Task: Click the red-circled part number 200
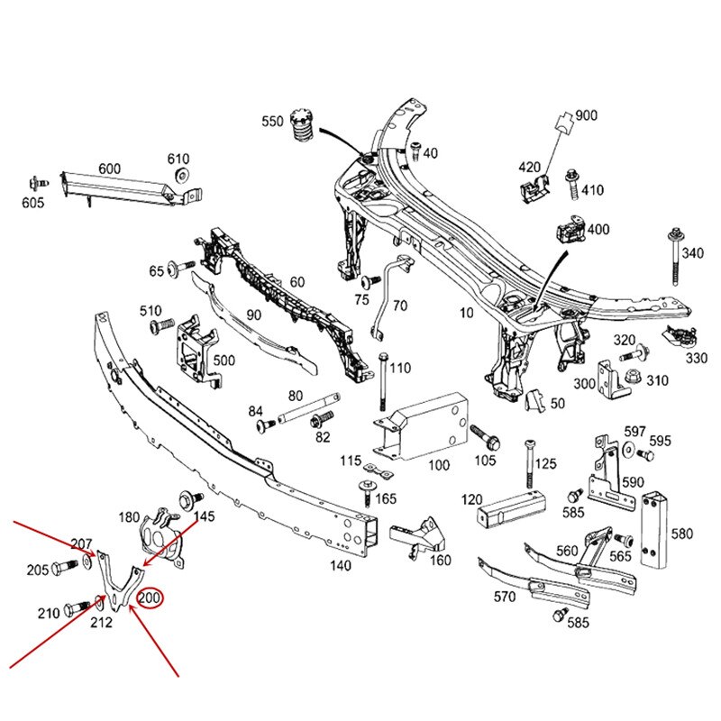coord(150,597)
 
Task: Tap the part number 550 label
coord(272,121)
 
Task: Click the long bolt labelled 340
coord(676,257)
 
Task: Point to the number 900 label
coord(586,115)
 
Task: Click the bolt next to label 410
coord(571,184)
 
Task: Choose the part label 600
coord(109,169)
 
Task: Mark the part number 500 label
coord(224,360)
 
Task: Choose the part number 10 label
coord(465,315)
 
